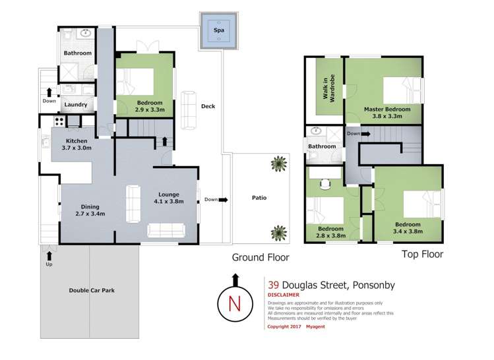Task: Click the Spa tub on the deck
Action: click(x=218, y=30)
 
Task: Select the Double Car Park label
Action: click(x=88, y=290)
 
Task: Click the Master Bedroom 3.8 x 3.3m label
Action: click(x=387, y=112)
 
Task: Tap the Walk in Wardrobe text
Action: click(x=328, y=86)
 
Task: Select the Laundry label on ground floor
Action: click(x=76, y=104)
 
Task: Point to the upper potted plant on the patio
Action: click(x=280, y=162)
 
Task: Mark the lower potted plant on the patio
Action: click(x=279, y=232)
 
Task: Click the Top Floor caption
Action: click(x=422, y=254)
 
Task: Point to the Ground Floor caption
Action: click(x=260, y=257)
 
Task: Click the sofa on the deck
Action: click(x=189, y=109)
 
